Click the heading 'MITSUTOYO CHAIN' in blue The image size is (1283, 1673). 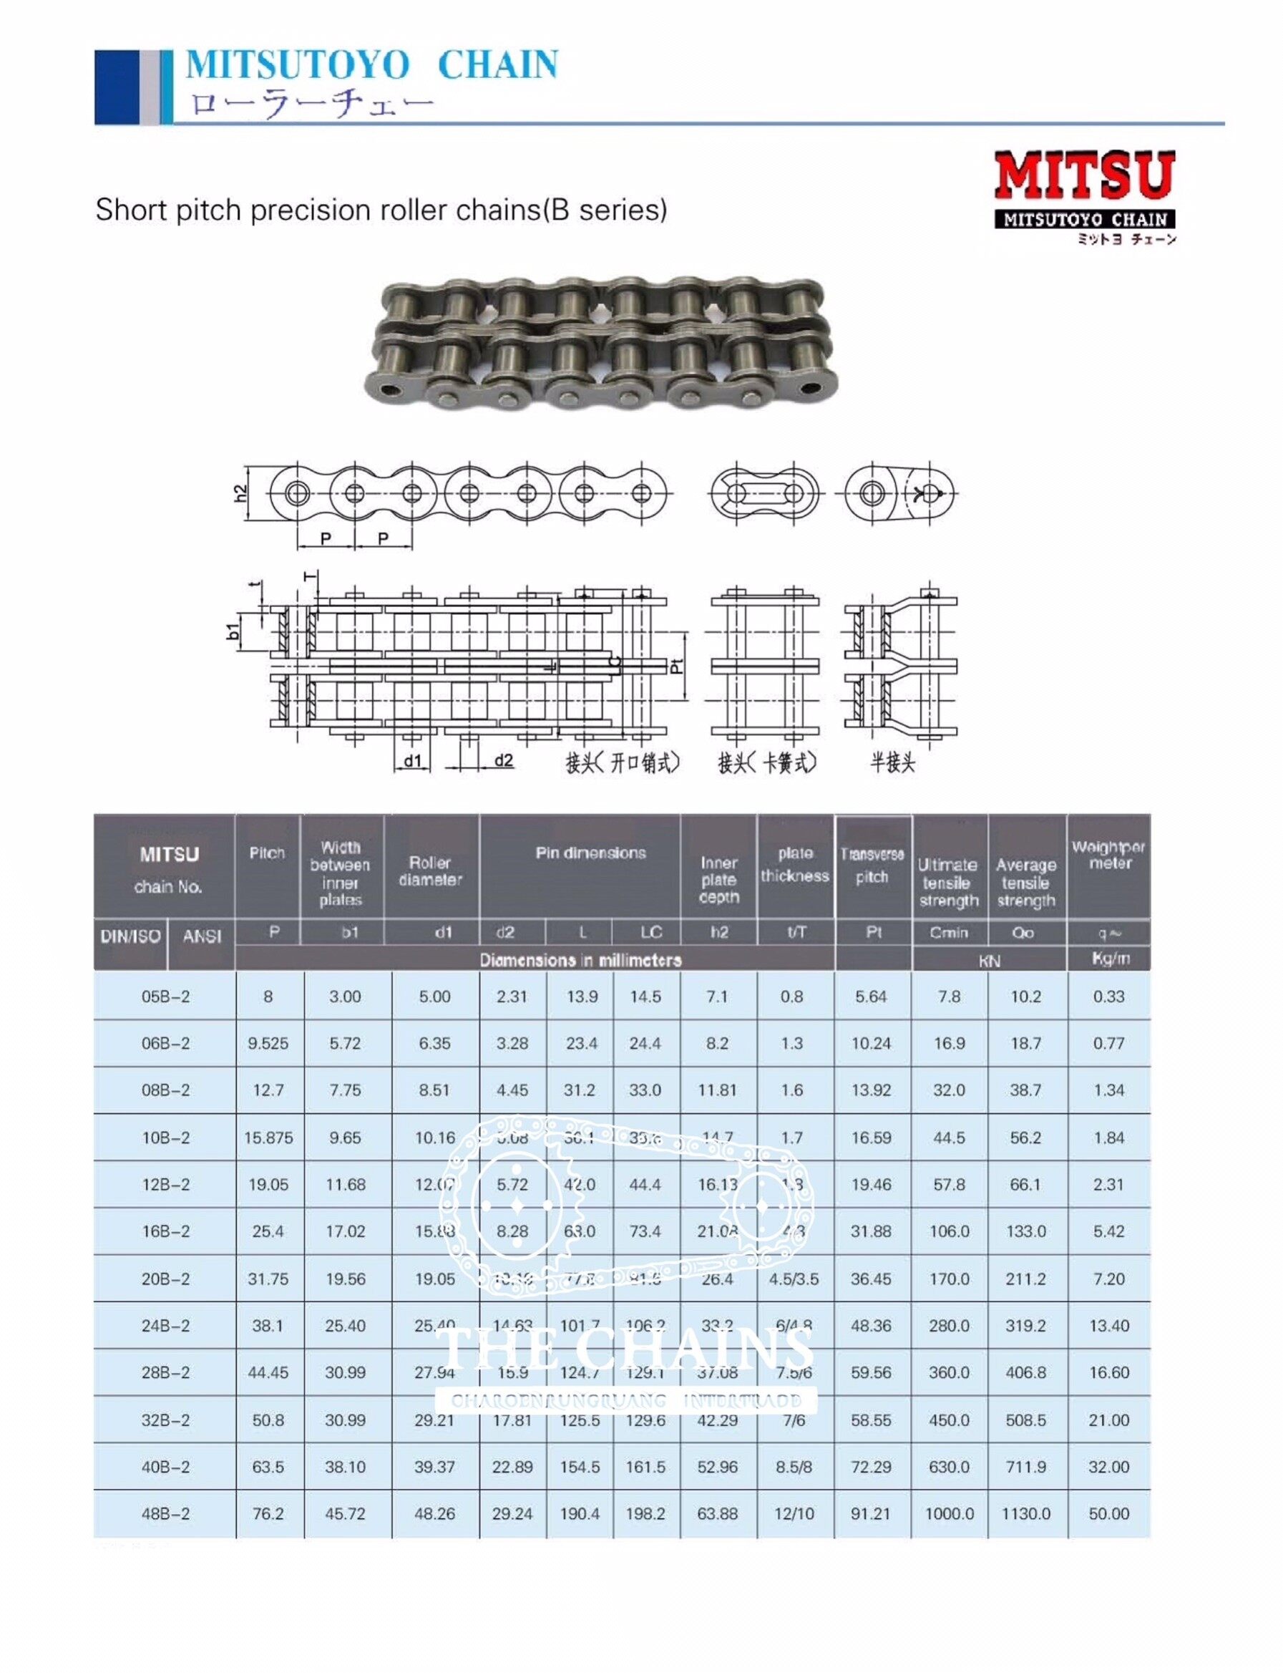(x=372, y=65)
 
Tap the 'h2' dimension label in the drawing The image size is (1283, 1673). (x=240, y=493)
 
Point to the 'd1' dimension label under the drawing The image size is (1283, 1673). (x=412, y=761)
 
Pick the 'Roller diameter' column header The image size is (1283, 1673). (x=431, y=871)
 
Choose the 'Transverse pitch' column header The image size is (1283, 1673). (x=872, y=865)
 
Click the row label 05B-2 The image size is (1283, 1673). (x=166, y=996)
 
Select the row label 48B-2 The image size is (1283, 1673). (x=166, y=1513)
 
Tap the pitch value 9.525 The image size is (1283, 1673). (x=268, y=1044)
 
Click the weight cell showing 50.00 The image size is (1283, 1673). (x=1109, y=1513)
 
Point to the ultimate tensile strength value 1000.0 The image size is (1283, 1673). (x=950, y=1513)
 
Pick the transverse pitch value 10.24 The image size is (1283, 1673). (x=872, y=1044)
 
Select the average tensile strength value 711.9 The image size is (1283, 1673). (x=1025, y=1467)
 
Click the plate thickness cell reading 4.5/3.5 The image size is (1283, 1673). (x=794, y=1279)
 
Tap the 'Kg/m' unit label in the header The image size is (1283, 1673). (x=1111, y=959)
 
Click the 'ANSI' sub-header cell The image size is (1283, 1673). (x=202, y=936)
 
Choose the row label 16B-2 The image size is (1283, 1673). (x=166, y=1231)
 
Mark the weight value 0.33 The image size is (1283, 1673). (x=1109, y=996)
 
